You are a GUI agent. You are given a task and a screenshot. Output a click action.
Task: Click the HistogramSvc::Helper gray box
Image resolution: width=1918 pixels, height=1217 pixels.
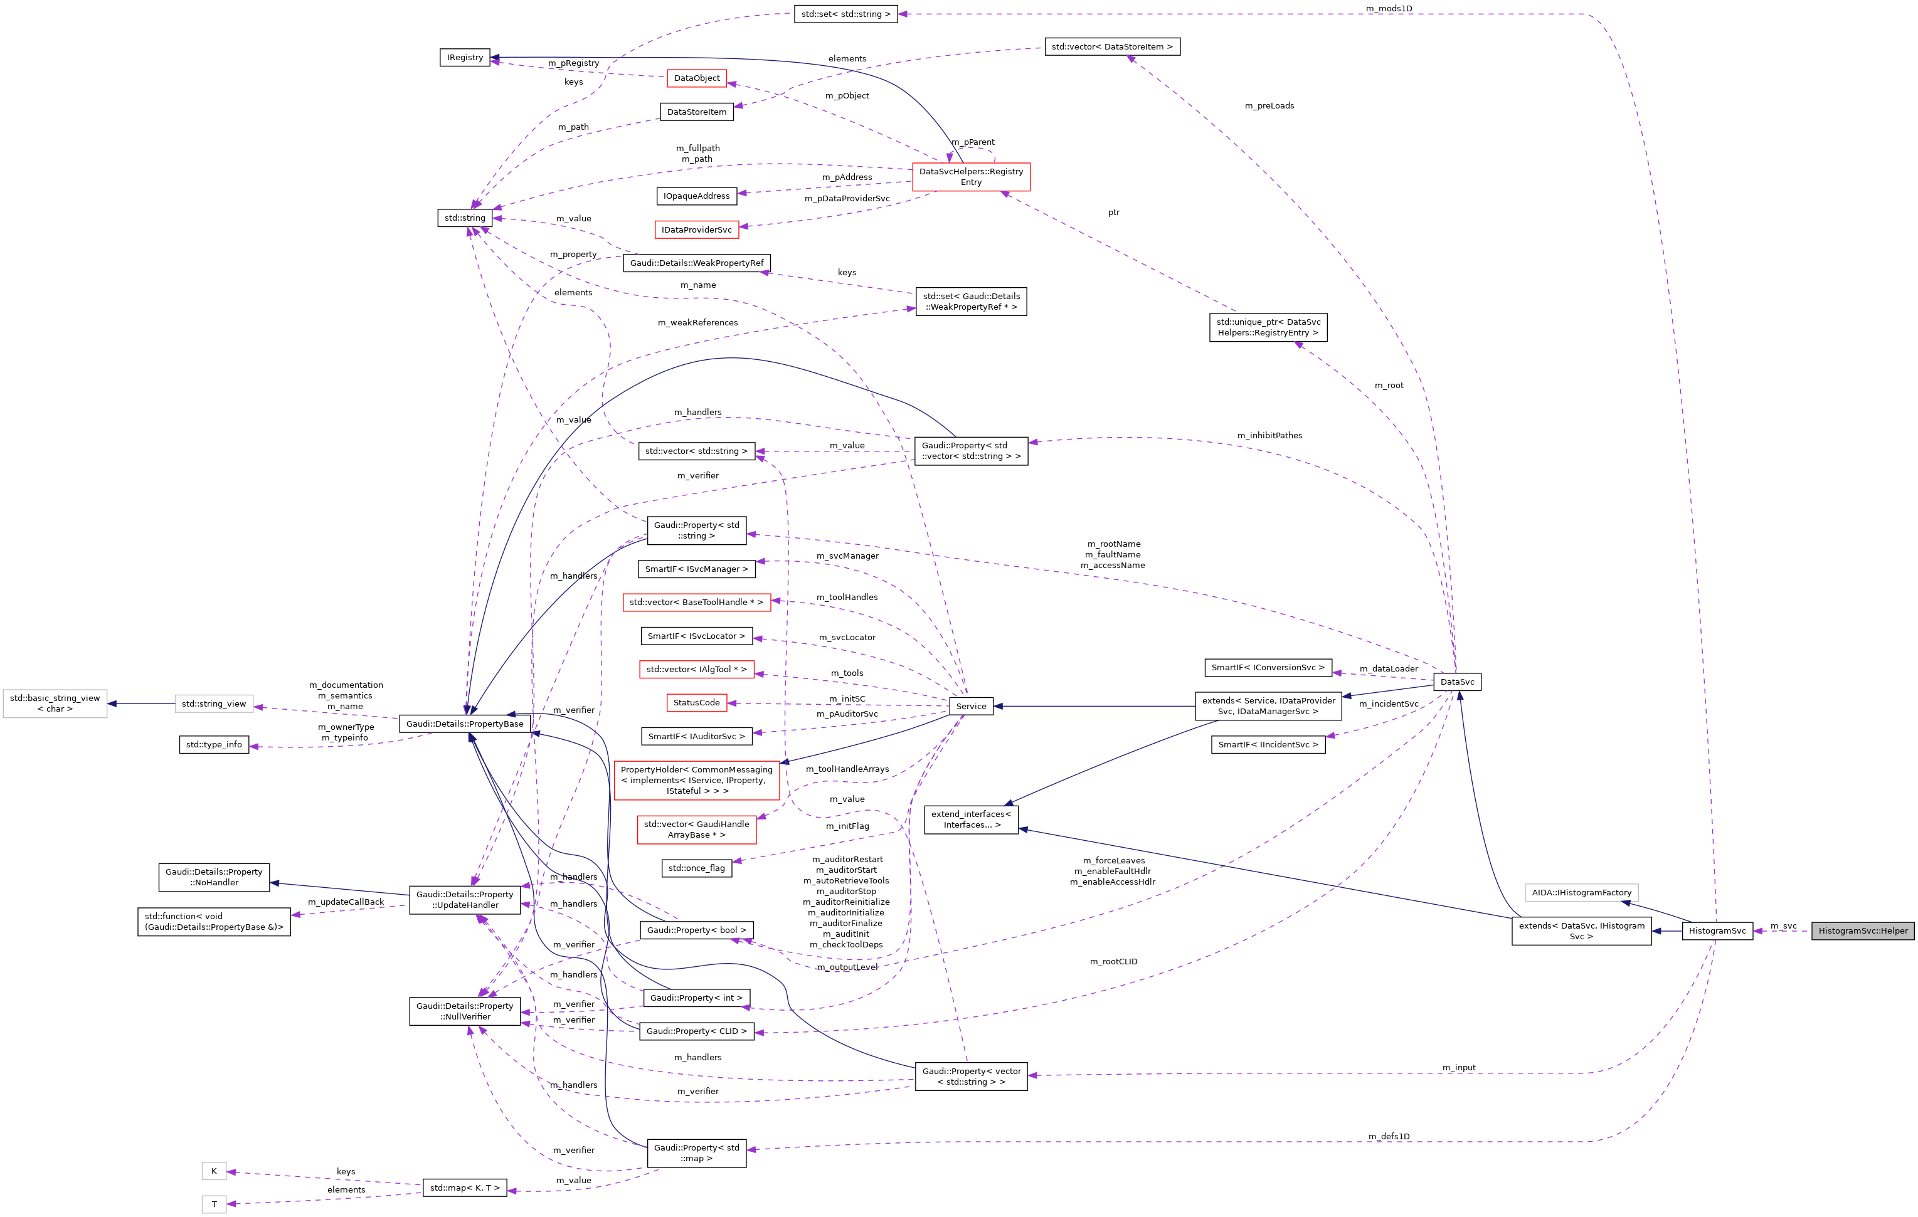coord(1862,930)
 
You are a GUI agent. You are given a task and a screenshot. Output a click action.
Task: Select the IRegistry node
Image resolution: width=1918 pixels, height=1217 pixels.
coord(464,57)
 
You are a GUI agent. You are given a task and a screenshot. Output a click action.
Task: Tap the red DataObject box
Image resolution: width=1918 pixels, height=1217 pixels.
coord(696,78)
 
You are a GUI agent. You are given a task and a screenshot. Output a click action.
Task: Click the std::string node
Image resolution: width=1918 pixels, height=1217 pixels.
coord(464,218)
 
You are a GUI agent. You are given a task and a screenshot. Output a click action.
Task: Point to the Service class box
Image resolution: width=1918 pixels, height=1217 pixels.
coord(971,705)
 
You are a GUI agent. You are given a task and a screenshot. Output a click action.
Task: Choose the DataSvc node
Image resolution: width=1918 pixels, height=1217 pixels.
coord(1457,682)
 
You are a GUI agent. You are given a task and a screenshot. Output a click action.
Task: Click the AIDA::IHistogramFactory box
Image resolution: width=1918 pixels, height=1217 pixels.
coord(1581,892)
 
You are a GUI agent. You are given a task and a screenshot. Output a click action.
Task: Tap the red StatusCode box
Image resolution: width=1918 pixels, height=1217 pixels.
coord(696,702)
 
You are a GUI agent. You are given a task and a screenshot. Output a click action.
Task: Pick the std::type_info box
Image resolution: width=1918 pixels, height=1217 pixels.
coord(213,745)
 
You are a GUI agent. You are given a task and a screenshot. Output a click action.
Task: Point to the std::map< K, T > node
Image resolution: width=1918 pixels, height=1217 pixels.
coord(464,1188)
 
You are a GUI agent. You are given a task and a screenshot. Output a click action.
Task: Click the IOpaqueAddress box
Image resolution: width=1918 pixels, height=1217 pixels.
coord(696,196)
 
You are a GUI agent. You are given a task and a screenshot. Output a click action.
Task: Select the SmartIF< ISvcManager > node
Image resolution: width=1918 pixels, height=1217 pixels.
coord(696,569)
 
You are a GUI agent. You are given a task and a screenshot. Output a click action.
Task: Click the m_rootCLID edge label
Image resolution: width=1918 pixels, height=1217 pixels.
coord(1113,961)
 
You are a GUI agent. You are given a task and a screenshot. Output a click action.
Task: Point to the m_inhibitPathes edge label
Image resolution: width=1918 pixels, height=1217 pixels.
coord(1269,436)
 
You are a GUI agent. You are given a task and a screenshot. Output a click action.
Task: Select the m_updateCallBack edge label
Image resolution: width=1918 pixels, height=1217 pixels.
coord(346,902)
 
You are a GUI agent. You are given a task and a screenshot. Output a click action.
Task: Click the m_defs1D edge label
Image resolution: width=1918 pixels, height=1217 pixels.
coord(1389,1137)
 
